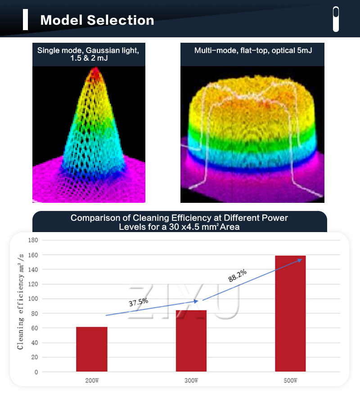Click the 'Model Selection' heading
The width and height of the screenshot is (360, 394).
click(x=97, y=20)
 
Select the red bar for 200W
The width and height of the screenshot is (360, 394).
click(x=92, y=349)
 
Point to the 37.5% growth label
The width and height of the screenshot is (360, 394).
click(x=139, y=302)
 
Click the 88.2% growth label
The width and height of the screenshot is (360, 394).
click(x=238, y=276)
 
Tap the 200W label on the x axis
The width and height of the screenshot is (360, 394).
click(x=92, y=381)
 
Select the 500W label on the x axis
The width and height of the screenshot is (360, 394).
click(x=290, y=381)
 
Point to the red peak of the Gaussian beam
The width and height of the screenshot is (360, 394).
click(x=95, y=73)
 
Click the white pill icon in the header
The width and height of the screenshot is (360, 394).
click(x=336, y=19)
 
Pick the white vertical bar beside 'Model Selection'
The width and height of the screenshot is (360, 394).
click(x=26, y=20)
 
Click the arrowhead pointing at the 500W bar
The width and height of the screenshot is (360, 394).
click(x=299, y=260)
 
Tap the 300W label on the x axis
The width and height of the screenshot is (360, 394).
click(x=191, y=381)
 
